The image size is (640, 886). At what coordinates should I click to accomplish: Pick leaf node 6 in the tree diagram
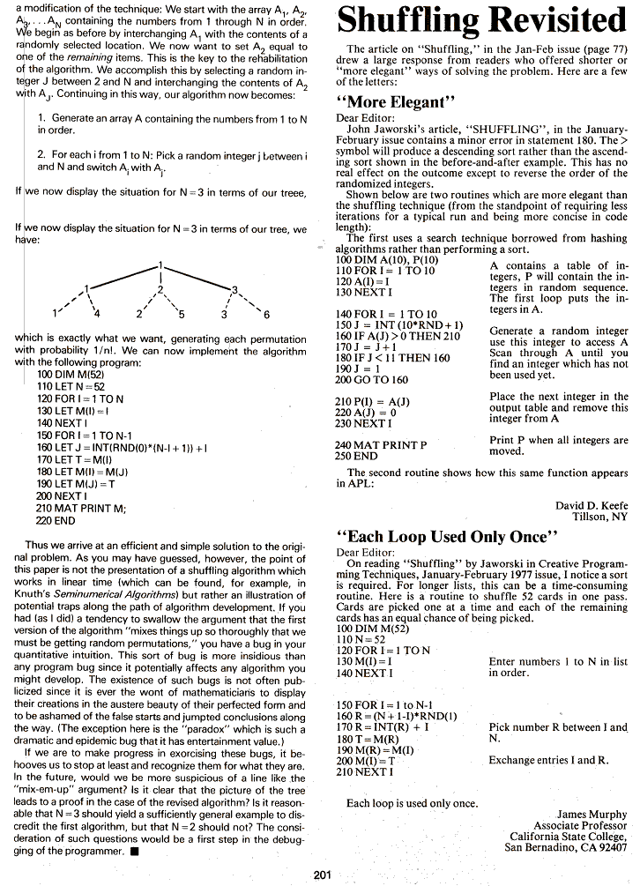click(266, 314)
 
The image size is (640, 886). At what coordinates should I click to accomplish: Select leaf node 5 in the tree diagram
click(181, 314)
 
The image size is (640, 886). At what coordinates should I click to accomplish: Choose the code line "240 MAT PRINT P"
click(381, 445)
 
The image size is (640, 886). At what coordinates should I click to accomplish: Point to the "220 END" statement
click(56, 521)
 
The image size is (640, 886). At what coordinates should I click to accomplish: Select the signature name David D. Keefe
click(591, 505)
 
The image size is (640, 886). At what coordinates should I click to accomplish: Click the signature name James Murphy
click(593, 814)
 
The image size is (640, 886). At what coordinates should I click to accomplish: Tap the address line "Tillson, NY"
click(599, 517)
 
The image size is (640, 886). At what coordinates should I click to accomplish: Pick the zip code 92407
click(609, 848)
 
